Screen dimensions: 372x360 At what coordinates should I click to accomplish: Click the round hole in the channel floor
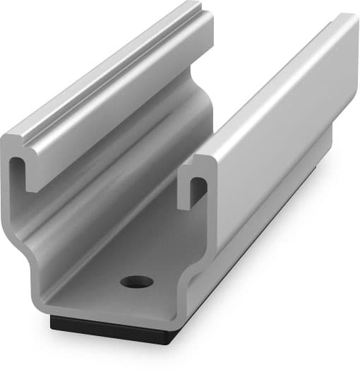tap(136, 282)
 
